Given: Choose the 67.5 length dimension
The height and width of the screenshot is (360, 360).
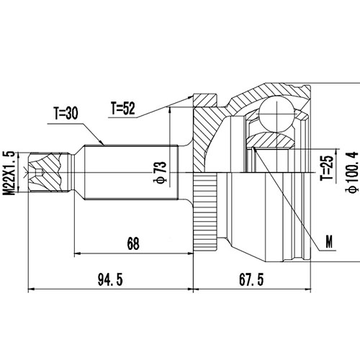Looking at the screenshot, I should (249, 278).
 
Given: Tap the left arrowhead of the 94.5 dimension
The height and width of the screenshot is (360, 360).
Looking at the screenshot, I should (30, 289).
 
